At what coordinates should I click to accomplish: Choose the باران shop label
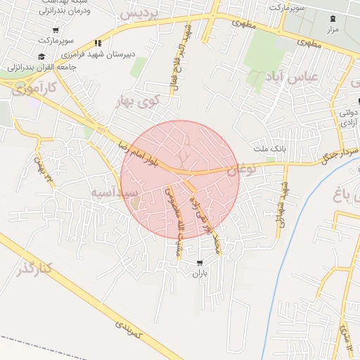(201, 274)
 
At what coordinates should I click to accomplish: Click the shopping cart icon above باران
(201, 263)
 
